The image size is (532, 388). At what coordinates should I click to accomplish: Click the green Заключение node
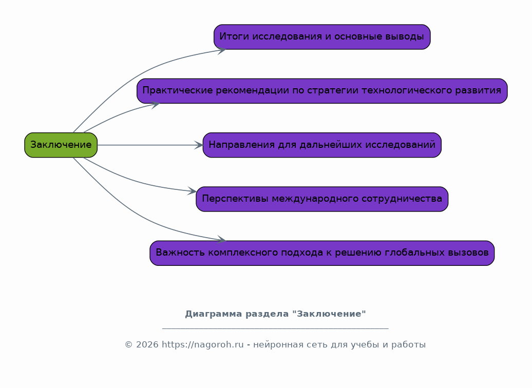tap(61, 145)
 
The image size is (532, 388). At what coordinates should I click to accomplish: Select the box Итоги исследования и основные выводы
tap(322, 37)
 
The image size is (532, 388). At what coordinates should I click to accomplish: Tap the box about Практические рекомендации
tap(322, 91)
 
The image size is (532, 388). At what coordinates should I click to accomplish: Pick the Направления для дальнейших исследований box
tap(322, 145)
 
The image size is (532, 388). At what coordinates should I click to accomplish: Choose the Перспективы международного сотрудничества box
tap(322, 199)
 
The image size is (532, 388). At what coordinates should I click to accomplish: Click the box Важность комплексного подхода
tap(322, 253)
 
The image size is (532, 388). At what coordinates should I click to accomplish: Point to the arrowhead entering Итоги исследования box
tap(222, 50)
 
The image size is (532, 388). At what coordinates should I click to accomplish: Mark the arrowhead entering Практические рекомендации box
tap(155, 104)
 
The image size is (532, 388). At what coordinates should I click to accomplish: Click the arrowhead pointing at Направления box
tap(199, 145)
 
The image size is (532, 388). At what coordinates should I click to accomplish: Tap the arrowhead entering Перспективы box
tap(192, 191)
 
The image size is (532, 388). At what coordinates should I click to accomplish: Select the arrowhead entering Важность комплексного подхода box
tap(222, 240)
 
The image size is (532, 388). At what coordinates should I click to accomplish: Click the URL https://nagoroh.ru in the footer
tap(202, 345)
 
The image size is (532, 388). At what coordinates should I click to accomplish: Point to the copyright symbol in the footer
tap(128, 345)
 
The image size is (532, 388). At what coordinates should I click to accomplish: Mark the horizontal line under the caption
tap(275, 328)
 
